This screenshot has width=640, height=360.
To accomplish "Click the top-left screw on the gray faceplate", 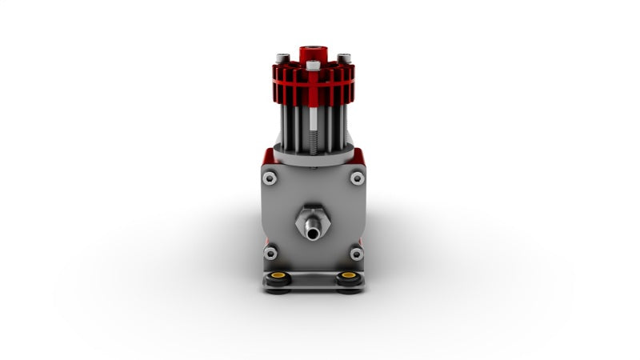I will (270, 178).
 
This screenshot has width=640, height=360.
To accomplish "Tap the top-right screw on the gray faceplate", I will (357, 178).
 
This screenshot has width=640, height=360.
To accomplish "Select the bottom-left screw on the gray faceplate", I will (270, 254).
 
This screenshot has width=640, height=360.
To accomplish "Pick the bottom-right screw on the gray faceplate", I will (357, 254).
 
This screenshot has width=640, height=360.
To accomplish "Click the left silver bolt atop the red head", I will (282, 58).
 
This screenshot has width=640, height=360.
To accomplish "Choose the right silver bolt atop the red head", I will (344, 58).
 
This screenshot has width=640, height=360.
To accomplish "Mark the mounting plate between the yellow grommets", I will (313, 279).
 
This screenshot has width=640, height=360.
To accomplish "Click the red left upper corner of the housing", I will (264, 156).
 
